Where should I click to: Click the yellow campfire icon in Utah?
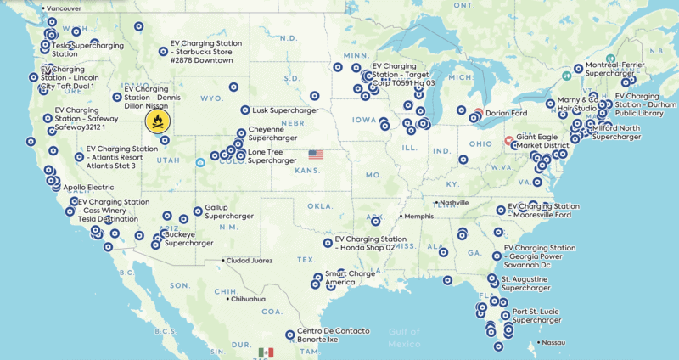157,121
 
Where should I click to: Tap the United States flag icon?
316,155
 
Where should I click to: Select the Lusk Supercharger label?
284,110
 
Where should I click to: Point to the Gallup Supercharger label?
223,212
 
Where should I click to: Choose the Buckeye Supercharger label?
188,239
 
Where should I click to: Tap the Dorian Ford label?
507,112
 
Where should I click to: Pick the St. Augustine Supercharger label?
530,283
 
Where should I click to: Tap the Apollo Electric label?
88,187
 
